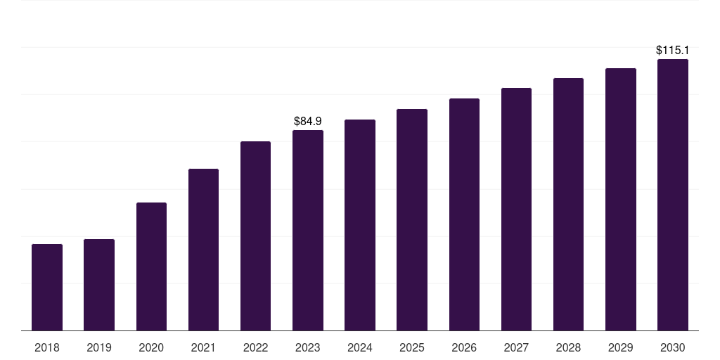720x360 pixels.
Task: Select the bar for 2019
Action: (x=99, y=285)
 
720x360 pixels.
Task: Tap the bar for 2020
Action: (x=151, y=266)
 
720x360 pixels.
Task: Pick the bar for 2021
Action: (x=203, y=250)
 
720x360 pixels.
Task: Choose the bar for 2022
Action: (x=255, y=236)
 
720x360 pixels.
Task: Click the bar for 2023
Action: (x=308, y=230)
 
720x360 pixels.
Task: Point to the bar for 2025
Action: (x=412, y=219)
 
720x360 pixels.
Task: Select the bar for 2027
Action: (x=516, y=209)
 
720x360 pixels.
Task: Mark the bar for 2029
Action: (x=620, y=199)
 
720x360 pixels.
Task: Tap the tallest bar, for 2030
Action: (x=672, y=195)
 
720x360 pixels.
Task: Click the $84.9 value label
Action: (x=308, y=122)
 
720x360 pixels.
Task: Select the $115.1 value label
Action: (x=672, y=51)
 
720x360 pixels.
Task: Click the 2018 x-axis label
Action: (x=47, y=348)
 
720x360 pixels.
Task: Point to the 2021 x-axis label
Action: (x=203, y=348)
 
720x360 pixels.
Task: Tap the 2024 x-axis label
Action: (x=360, y=348)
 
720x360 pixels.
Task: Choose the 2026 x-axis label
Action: (x=464, y=348)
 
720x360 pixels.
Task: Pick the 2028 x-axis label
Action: (x=568, y=348)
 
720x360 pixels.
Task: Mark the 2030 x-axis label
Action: (x=672, y=348)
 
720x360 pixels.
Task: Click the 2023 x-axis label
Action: (x=308, y=348)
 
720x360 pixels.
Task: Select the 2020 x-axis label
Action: (x=151, y=348)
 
